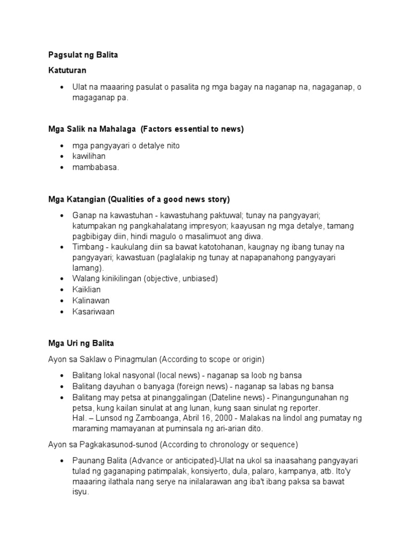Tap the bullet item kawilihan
pyautogui.click(x=89, y=156)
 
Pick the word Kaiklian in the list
pyautogui.click(x=87, y=290)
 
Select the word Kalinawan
pyautogui.click(x=91, y=300)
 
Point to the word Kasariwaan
pyautogui.click(x=94, y=311)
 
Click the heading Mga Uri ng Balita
pyautogui.click(x=81, y=343)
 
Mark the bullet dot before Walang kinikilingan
pyautogui.click(x=63, y=279)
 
